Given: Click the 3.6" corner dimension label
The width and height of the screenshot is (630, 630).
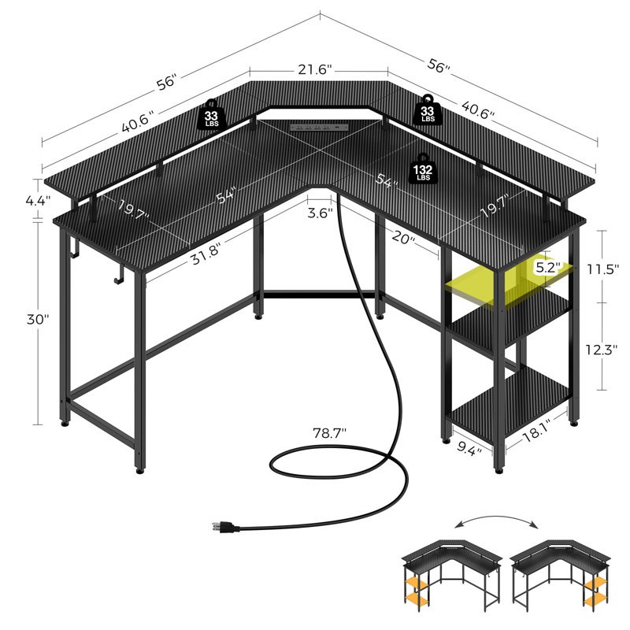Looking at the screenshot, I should pos(320,212).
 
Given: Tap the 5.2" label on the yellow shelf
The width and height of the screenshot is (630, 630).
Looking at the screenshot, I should pos(546,267).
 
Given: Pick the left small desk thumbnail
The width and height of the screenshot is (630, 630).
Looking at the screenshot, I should pos(443,576).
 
